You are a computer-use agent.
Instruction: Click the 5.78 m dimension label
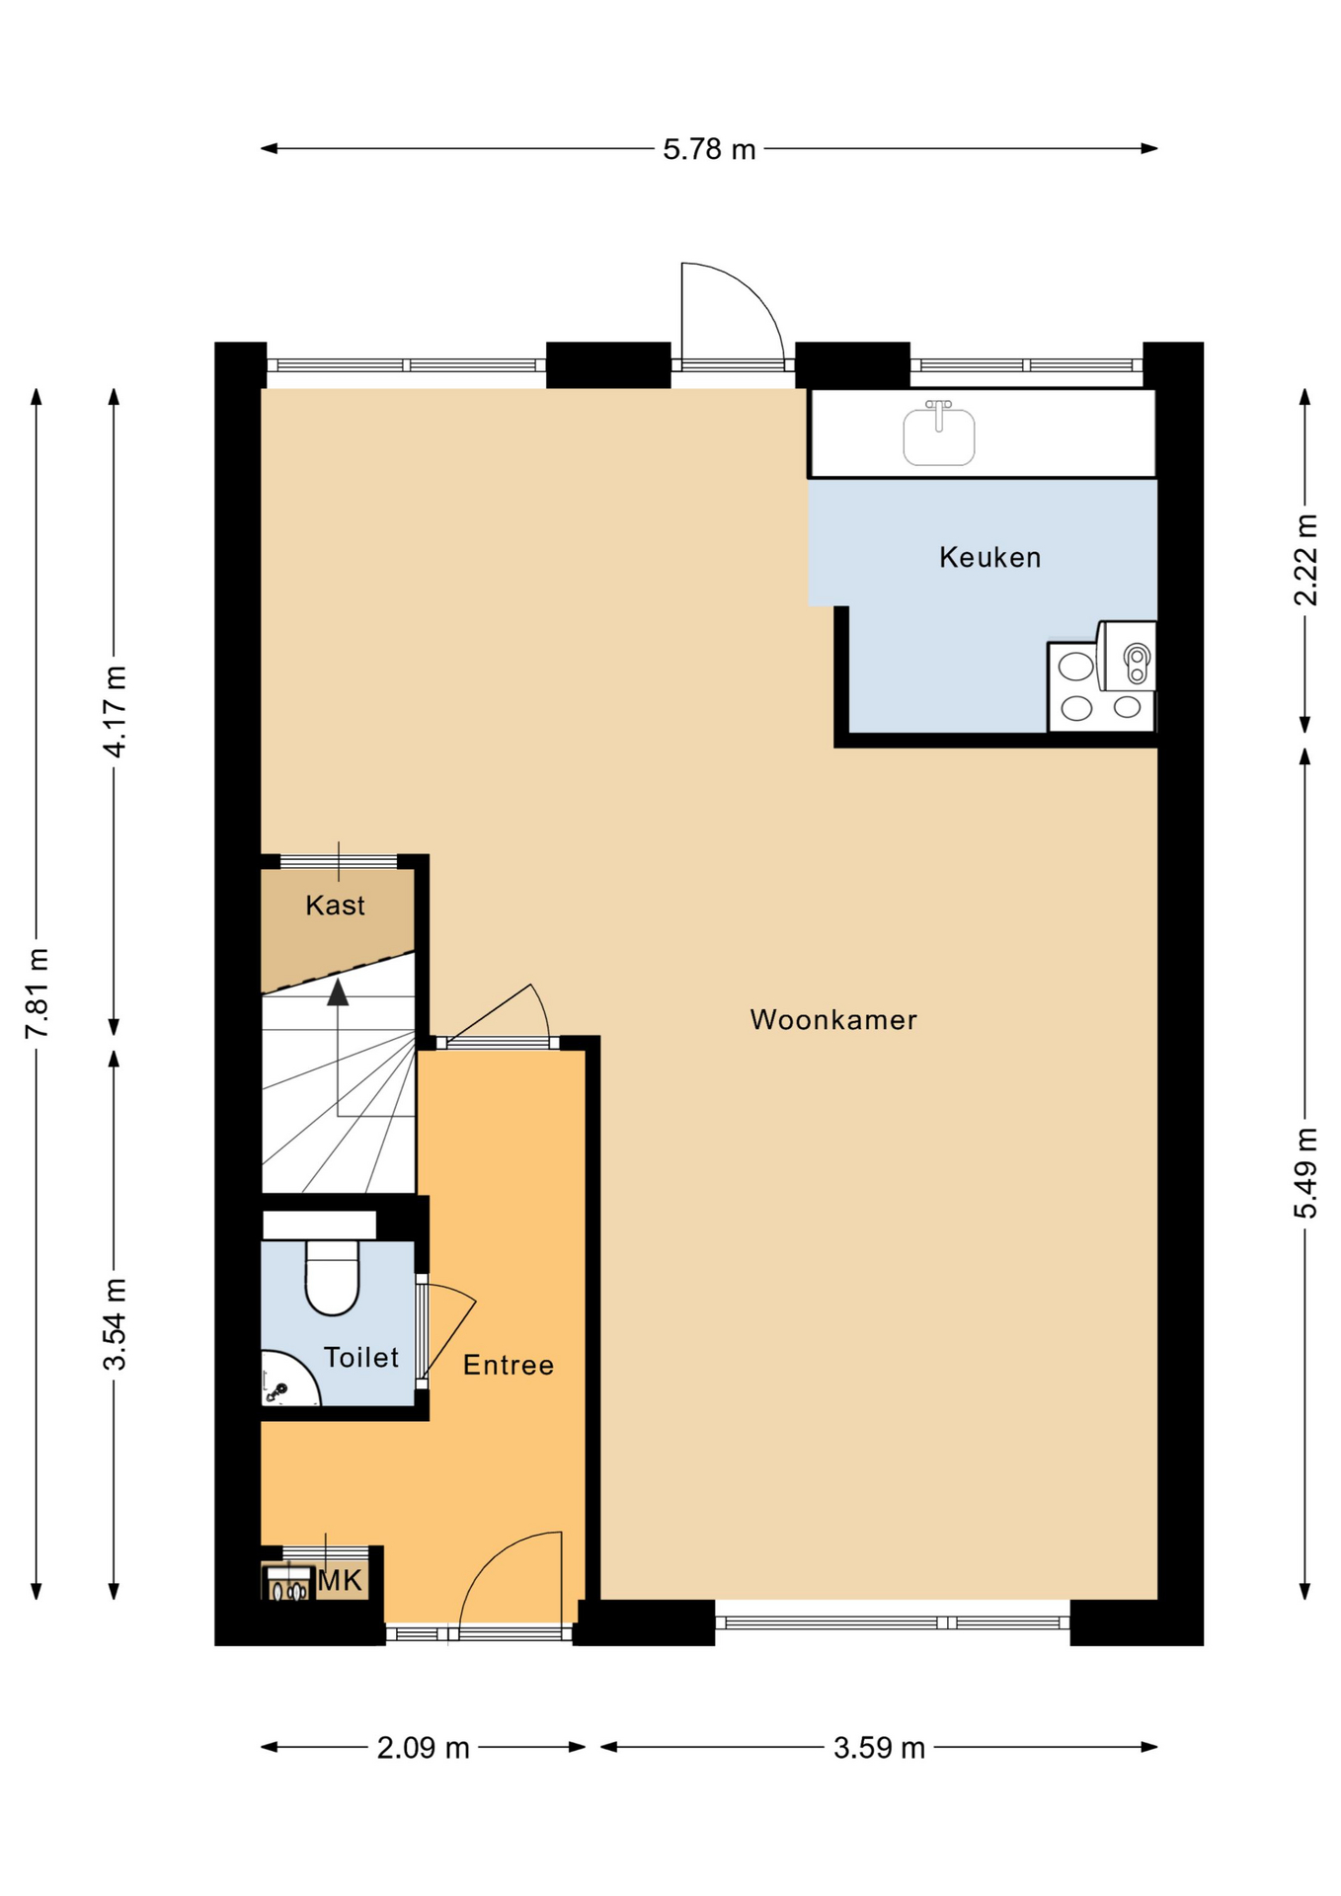tap(708, 149)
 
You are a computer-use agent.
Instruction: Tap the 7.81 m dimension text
tap(38, 992)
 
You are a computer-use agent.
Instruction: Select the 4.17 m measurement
tap(116, 711)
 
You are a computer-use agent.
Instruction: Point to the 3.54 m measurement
tap(116, 1323)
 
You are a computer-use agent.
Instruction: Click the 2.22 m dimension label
tap(1305, 559)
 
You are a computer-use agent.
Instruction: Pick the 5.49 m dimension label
tap(1305, 1172)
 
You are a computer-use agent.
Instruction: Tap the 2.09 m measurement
tap(423, 1748)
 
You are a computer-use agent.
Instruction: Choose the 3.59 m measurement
tap(878, 1748)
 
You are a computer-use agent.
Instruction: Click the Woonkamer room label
tap(832, 1019)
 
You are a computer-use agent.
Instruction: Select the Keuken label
tap(989, 557)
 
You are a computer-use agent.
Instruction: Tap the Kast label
tap(335, 905)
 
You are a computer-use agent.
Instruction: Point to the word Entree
tap(508, 1365)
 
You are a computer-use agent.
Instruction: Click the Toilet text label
tap(360, 1357)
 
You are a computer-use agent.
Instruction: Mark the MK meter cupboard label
tap(341, 1581)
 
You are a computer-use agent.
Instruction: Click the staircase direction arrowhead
tap(338, 992)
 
